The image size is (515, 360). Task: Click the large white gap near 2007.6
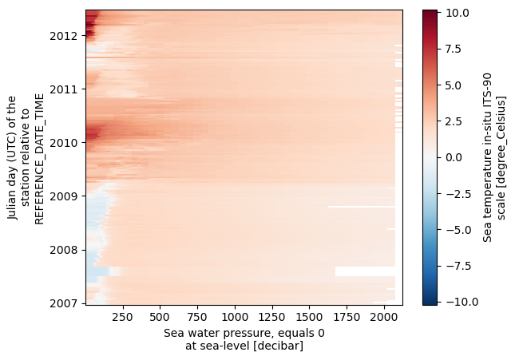click(x=365, y=271)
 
